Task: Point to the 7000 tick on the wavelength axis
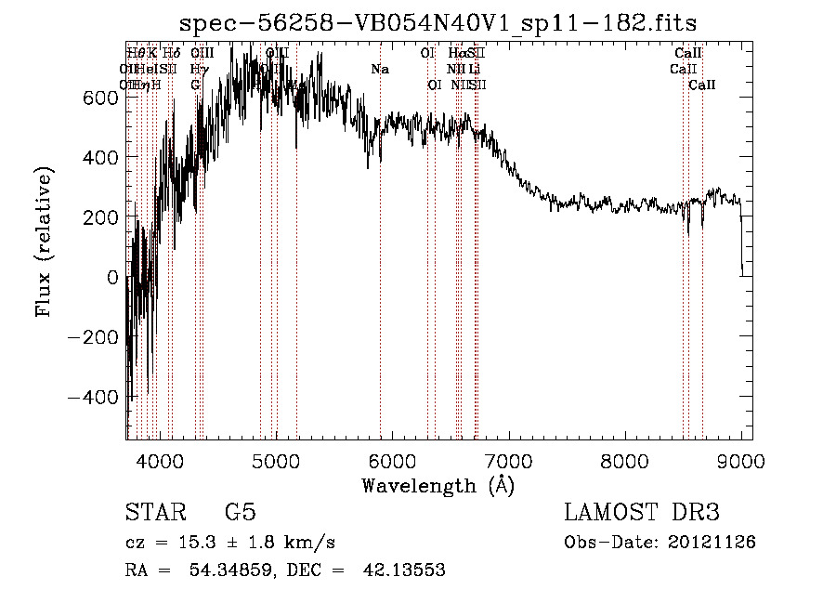[508, 439]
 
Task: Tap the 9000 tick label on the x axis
[740, 459]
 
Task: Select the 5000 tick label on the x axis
[275, 459]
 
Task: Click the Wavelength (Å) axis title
[438, 485]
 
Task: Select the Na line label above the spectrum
[379, 70]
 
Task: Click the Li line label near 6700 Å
[474, 70]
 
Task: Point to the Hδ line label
[171, 54]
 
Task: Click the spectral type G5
[240, 513]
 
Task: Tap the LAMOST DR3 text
[642, 513]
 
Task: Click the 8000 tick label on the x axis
[624, 459]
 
